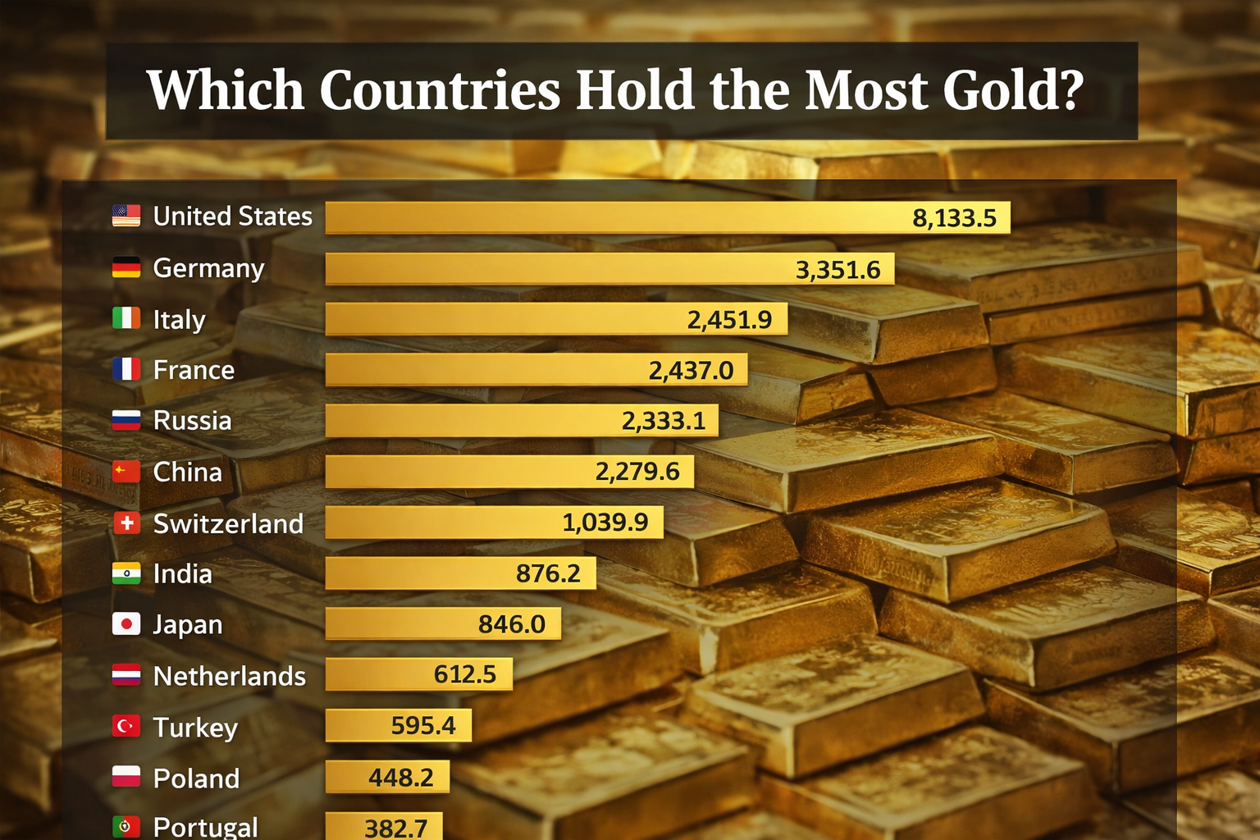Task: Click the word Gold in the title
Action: pos(1013,90)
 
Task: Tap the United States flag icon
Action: pos(126,216)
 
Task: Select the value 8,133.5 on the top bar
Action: pos(954,218)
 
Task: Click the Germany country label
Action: pos(208,268)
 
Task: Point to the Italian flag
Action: pos(126,318)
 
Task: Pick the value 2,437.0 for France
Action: pos(691,371)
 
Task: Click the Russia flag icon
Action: pos(126,421)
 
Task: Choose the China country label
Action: pos(187,472)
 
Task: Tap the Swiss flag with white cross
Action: pos(126,523)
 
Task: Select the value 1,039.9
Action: pos(605,523)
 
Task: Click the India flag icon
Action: pos(126,573)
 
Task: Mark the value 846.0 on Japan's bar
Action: pos(511,625)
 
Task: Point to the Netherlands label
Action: pos(229,676)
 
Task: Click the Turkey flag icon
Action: pos(126,726)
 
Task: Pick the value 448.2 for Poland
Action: pos(400,778)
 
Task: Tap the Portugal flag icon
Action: pos(126,826)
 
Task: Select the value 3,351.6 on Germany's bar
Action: pos(838,270)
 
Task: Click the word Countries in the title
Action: pos(440,90)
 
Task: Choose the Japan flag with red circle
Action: pos(126,624)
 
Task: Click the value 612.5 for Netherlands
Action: pos(464,675)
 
